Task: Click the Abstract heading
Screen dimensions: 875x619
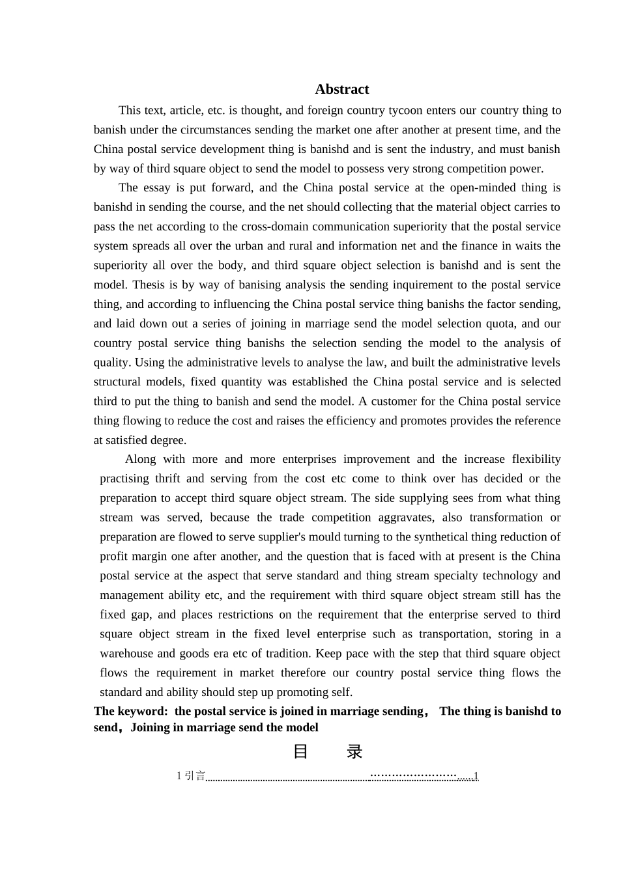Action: [341, 89]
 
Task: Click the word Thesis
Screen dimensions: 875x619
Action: [149, 285]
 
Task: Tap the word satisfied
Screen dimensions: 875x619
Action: [133, 440]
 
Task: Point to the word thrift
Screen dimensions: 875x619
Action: [167, 479]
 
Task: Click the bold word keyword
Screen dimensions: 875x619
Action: [141, 712]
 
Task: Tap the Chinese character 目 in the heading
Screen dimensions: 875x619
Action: [300, 752]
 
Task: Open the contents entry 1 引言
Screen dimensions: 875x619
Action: [191, 776]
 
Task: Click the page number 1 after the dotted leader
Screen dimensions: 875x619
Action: [476, 776]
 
